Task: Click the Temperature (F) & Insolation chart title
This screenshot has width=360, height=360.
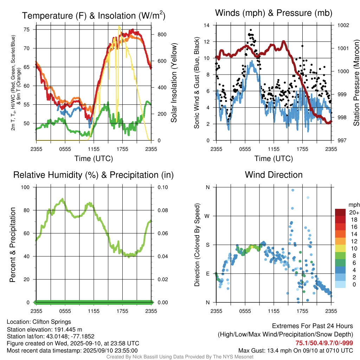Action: pos(94,15)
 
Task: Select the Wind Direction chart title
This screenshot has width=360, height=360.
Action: pos(274,175)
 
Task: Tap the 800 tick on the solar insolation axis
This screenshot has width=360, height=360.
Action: pos(157,34)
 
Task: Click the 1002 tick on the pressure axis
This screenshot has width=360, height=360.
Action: pos(343,25)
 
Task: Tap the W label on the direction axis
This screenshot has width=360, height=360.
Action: pos(207,216)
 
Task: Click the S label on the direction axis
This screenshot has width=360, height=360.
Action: pos(208,245)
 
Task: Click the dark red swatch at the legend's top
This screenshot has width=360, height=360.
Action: pos(340,212)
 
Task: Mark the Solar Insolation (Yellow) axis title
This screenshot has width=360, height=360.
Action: pos(174,83)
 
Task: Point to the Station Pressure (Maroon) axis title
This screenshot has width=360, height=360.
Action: pos(356,83)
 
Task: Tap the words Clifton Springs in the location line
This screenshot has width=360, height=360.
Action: pos(52,322)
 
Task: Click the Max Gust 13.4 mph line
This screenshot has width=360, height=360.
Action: pos(295,350)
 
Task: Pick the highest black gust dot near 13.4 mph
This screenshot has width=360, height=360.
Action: pos(251,30)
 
